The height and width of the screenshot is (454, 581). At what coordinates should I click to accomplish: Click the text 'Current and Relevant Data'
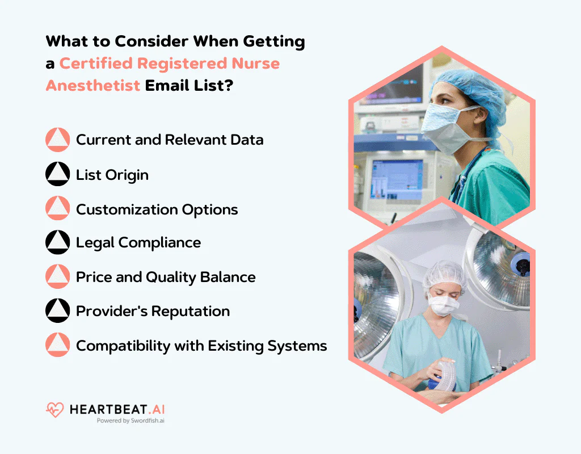click(x=170, y=140)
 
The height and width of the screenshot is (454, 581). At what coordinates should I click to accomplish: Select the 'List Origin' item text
click(x=112, y=175)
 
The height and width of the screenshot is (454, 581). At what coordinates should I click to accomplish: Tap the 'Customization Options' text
click(x=157, y=209)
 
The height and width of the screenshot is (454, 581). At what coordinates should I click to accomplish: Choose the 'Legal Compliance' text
click(x=138, y=243)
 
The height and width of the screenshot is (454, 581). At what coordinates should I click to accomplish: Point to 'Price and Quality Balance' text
click(x=166, y=277)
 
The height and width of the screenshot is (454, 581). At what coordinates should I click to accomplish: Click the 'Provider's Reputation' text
click(x=153, y=311)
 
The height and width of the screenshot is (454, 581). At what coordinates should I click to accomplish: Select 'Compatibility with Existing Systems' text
click(x=201, y=346)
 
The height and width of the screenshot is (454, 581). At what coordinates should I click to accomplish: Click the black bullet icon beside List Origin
click(x=57, y=175)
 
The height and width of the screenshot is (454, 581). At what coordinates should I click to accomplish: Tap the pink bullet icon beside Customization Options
click(x=57, y=209)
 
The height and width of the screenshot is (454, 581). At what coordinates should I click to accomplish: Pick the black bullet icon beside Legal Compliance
click(x=57, y=243)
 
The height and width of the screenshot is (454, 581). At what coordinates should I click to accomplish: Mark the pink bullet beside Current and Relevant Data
click(x=57, y=140)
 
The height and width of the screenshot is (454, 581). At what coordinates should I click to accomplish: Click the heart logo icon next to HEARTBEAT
click(x=55, y=410)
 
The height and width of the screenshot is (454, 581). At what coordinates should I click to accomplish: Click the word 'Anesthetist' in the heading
click(x=93, y=85)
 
